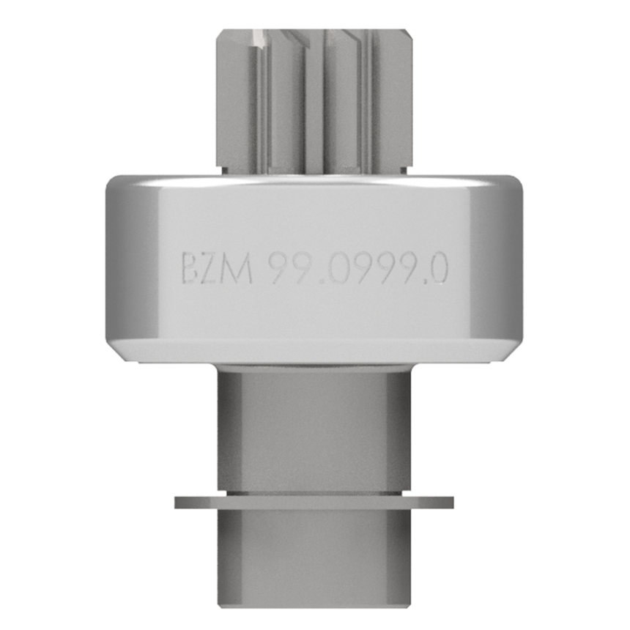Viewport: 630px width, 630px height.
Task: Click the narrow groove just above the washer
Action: click(x=315, y=489)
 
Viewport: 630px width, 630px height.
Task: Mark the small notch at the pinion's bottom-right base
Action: click(x=408, y=169)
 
